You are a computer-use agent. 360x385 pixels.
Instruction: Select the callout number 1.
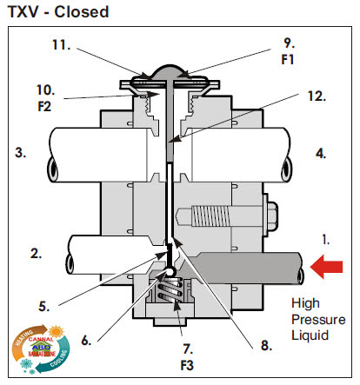point(325,237)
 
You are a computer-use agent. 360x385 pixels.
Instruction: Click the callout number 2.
point(36,254)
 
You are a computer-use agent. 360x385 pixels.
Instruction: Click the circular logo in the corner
point(37,349)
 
